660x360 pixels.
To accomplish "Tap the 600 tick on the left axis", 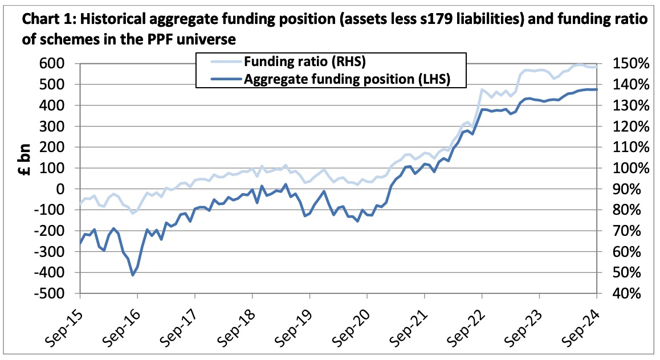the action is point(52,63).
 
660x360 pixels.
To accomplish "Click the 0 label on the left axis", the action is point(60,189).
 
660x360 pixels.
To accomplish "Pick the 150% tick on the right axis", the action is point(630,63).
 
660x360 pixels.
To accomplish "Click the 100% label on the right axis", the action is point(630,168).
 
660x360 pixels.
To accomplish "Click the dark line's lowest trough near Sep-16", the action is point(133,275).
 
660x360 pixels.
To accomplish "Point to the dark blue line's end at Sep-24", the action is point(596,89).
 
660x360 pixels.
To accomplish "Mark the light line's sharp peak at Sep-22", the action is point(482,89).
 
